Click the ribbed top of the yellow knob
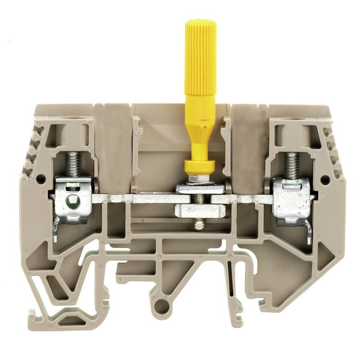[x=200, y=49]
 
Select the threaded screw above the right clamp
[x=292, y=164]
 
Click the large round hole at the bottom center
[x=162, y=306]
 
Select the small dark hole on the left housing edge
[x=40, y=179]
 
